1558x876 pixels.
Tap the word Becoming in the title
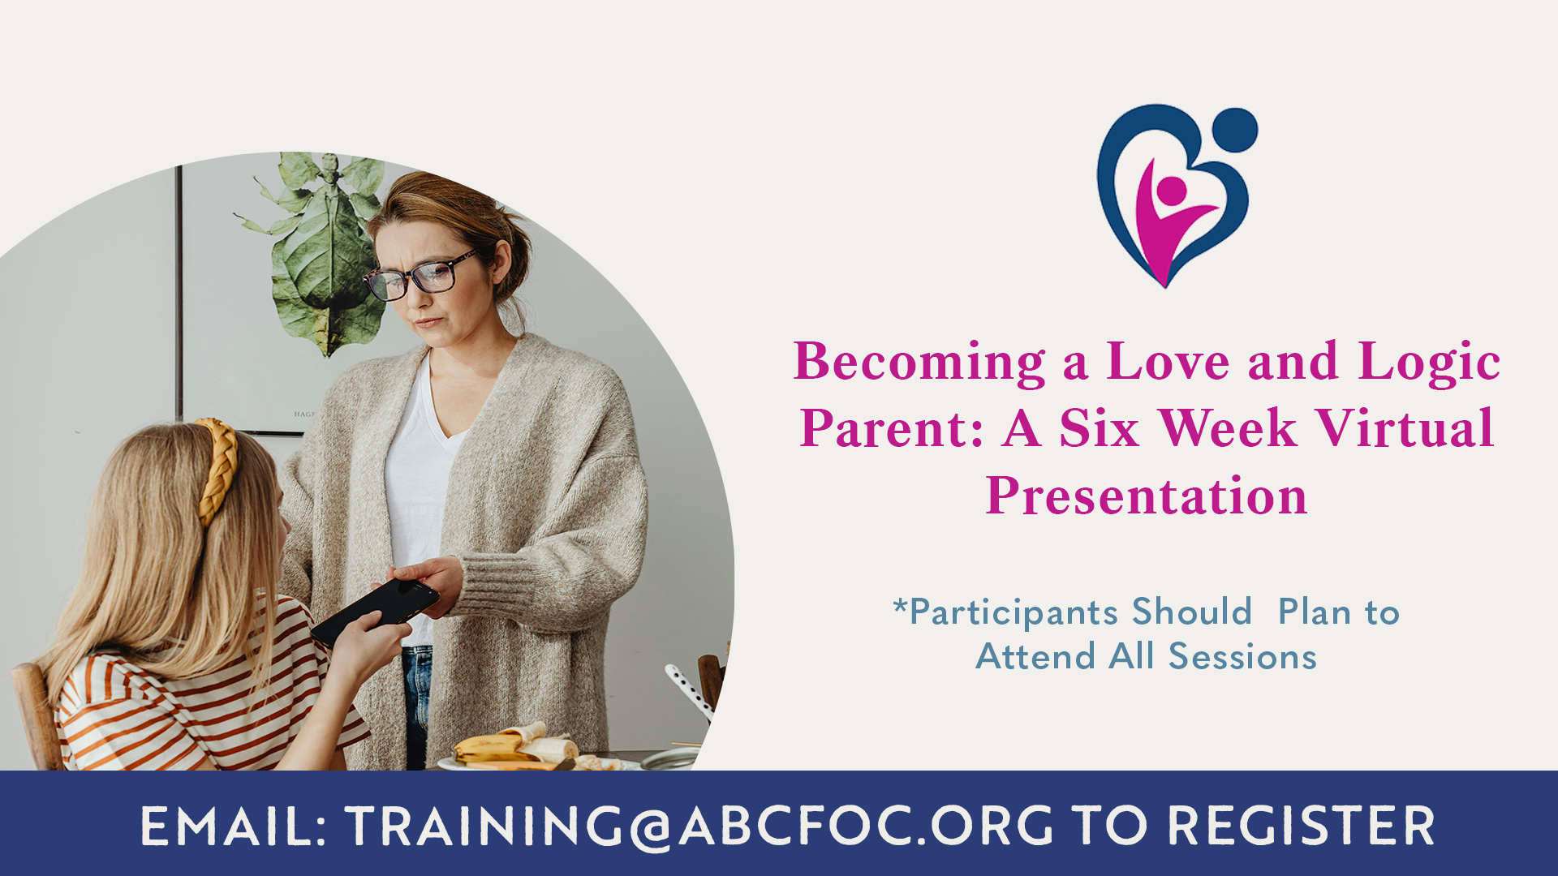[x=919, y=363]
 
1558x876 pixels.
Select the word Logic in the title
[x=1429, y=363]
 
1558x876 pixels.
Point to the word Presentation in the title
[x=1147, y=496]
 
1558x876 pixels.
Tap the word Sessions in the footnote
[x=1242, y=656]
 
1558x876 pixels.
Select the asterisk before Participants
[x=900, y=605]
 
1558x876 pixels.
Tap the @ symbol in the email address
[x=651, y=828]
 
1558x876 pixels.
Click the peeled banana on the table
[x=514, y=746]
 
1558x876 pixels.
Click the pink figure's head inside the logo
[x=1171, y=191]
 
